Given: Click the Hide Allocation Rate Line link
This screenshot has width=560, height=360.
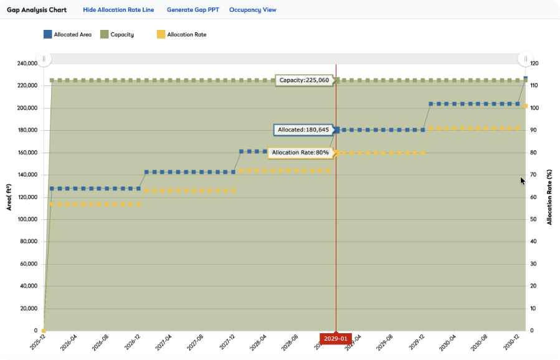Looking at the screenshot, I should coord(119,10).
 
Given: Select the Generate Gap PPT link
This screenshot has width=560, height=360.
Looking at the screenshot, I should coord(192,10).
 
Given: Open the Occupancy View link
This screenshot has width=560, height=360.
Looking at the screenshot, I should coord(252,10).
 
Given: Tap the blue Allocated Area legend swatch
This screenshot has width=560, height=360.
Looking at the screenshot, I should coord(47,34).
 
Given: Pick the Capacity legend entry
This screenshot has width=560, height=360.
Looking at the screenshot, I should coord(121,34).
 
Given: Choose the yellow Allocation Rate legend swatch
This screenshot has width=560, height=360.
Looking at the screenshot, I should coord(160,34).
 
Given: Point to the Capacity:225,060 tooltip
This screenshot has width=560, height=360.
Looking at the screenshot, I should coord(304,80).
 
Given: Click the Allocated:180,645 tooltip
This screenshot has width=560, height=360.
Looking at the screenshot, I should coord(303,130).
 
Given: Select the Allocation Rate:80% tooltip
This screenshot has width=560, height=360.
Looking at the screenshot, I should coord(300,153).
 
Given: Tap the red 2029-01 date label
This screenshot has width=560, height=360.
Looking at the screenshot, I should coord(336,338).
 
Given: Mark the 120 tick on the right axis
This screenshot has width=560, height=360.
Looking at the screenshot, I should coord(534,64).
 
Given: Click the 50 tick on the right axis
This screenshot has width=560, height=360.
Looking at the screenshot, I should coord(533,219).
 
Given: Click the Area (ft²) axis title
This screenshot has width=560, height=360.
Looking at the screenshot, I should coord(9,197).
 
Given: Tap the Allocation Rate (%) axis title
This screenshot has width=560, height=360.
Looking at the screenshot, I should coord(549,197).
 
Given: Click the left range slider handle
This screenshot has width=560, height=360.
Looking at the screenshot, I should coord(44,59).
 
